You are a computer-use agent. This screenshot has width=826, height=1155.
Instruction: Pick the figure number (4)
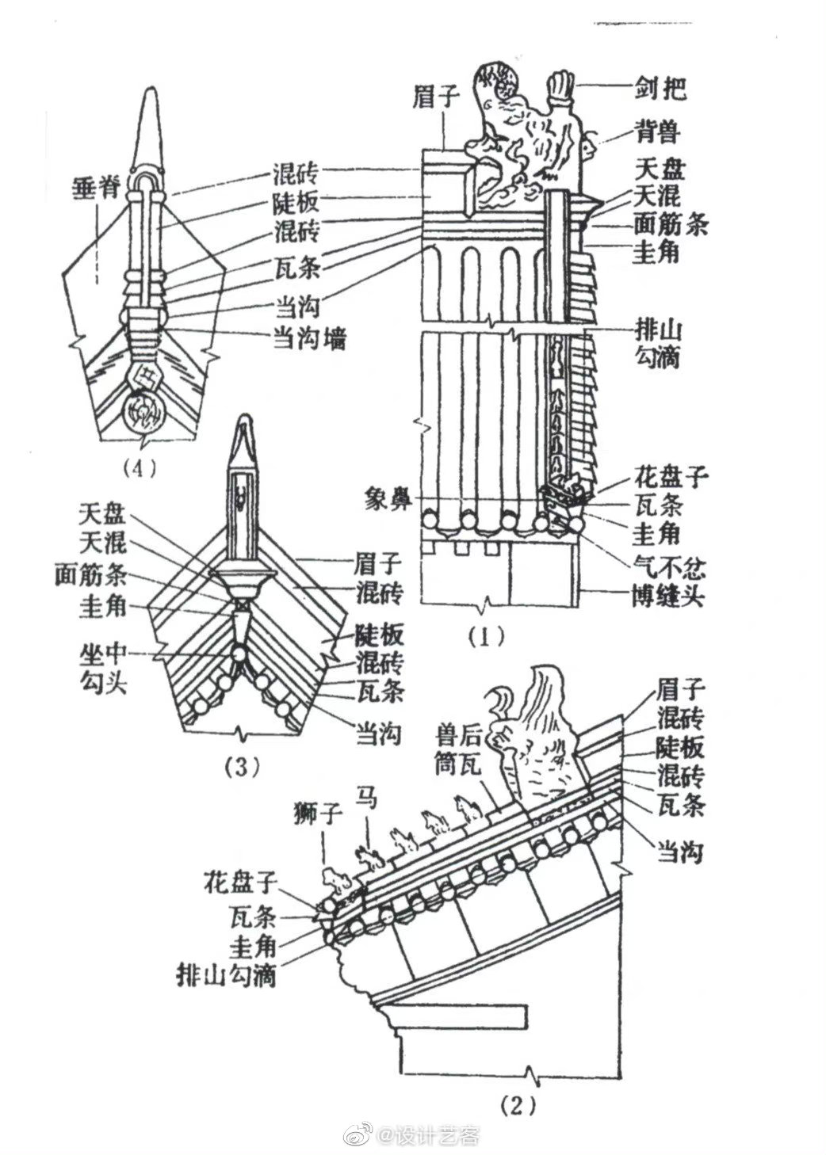[x=143, y=467]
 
